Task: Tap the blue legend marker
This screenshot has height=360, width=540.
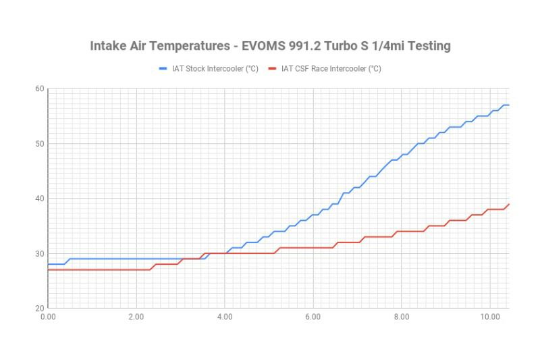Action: coord(163,68)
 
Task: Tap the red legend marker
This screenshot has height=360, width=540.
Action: coord(273,68)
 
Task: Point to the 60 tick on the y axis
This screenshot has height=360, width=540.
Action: coord(40,89)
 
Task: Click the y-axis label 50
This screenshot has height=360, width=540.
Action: coord(40,144)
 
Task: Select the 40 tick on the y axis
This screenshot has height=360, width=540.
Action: coord(40,199)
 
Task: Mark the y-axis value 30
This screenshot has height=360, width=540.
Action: coord(40,253)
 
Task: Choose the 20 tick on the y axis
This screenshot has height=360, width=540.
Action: coord(40,308)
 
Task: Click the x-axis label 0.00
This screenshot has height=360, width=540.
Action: coord(48,316)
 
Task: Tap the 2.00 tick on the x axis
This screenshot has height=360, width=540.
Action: coord(136,316)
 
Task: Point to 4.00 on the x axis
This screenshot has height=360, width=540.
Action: coord(225,316)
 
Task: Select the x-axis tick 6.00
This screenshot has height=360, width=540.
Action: coord(313,316)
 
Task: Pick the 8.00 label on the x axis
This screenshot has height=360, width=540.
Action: coord(402,316)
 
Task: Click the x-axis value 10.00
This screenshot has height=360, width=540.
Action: coord(490,316)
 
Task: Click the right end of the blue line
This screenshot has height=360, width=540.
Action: coord(508,105)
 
